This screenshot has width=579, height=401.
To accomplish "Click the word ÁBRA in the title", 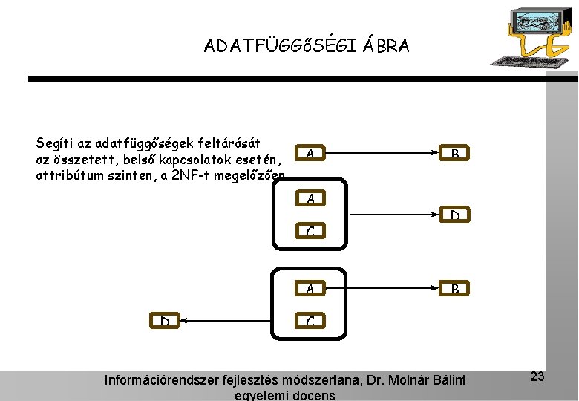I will (387, 46).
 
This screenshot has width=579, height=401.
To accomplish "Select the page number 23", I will (537, 376).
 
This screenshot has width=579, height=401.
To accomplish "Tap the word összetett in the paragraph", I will (84, 160).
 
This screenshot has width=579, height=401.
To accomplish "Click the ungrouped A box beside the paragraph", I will (310, 154).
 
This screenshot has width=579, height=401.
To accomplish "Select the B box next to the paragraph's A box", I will (454, 154).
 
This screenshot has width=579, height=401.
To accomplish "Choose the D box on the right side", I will (454, 215).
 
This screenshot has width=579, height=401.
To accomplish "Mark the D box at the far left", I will (166, 321).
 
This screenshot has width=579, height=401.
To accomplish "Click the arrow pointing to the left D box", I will (238, 321).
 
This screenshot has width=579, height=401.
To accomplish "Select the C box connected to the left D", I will (310, 322).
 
